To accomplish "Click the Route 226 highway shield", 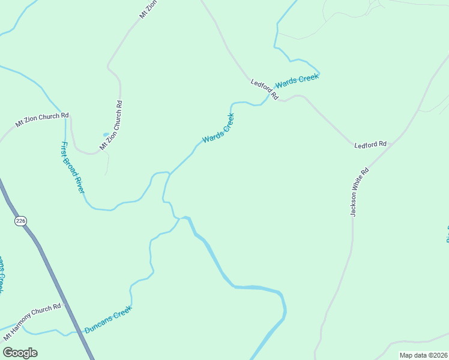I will [x=21, y=221].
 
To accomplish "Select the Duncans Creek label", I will [x=108, y=320].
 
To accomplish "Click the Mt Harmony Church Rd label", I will [x=32, y=323].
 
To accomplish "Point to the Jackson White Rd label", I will [x=360, y=192].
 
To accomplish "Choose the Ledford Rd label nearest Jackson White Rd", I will [x=370, y=145].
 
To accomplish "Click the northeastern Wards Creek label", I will [x=297, y=80].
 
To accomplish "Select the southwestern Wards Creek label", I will [x=218, y=128].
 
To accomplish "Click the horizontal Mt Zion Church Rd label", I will [x=42, y=120].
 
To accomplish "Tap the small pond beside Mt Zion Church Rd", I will [x=106, y=135].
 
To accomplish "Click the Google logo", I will [x=20, y=352].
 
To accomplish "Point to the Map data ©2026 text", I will [x=423, y=355].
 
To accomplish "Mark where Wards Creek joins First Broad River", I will [x=169, y=174].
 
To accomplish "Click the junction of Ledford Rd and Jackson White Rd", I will [x=391, y=146].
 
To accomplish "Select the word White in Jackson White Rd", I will [x=360, y=189].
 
